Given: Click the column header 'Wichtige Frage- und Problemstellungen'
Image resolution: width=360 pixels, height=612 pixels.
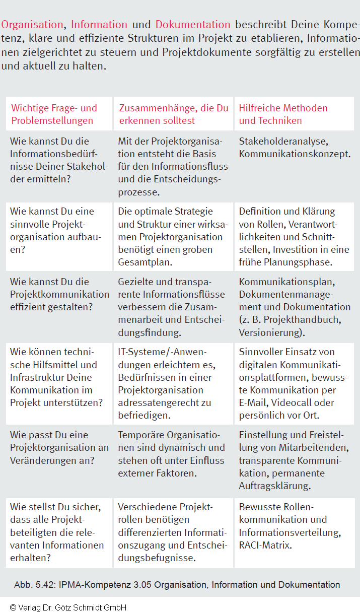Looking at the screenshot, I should (54, 114).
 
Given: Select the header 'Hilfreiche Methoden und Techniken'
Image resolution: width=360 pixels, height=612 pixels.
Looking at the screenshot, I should (283, 114).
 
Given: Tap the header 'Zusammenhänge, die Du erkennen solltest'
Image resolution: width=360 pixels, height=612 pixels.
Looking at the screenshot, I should (173, 114).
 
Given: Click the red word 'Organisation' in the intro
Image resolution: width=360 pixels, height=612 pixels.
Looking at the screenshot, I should (32, 24).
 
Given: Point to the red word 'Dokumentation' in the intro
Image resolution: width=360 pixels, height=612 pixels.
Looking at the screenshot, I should (193, 24).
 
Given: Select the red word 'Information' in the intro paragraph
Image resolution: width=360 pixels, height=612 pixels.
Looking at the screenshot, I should (99, 24).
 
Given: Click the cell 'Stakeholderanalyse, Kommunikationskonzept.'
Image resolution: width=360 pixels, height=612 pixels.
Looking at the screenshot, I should (295, 148).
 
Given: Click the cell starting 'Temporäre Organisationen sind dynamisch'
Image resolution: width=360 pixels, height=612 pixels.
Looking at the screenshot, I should (171, 454).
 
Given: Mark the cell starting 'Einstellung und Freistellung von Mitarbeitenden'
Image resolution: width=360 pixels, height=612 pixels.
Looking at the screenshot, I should (294, 460).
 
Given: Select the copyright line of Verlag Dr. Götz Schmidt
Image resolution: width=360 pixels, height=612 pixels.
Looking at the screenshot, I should (68, 607).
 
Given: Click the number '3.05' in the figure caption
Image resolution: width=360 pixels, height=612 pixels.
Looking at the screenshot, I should (141, 585).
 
